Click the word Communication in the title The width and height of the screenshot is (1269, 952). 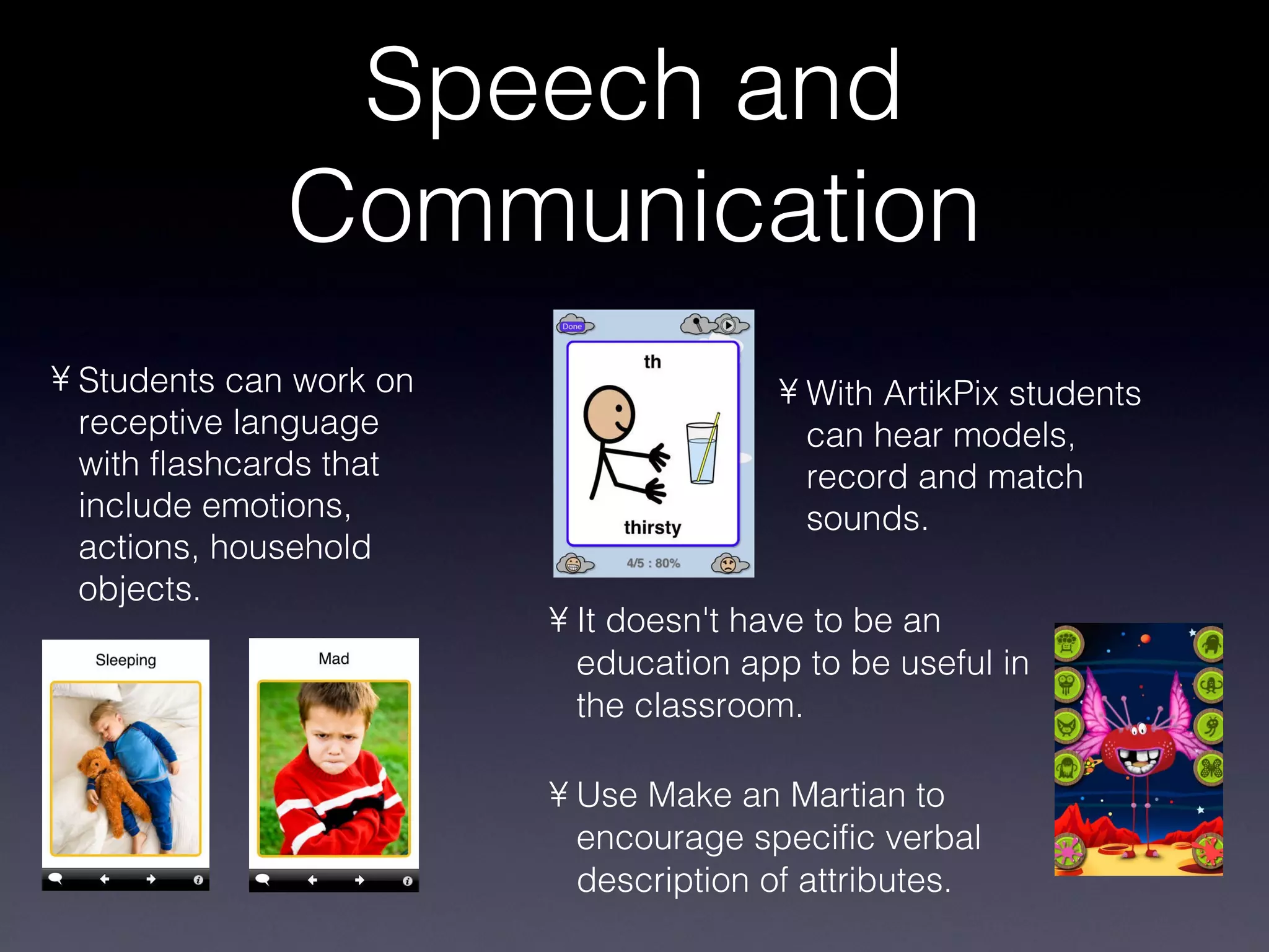[x=633, y=207]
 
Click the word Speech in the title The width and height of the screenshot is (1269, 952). [x=534, y=87]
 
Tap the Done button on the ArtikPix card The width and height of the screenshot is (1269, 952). [x=572, y=327]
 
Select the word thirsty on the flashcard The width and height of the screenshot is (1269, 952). [x=652, y=527]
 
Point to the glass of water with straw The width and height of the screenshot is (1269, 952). [x=703, y=451]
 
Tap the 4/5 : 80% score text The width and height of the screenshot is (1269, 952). [x=653, y=563]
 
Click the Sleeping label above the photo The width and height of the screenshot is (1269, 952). [x=126, y=660]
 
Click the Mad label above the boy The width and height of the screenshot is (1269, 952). [x=334, y=659]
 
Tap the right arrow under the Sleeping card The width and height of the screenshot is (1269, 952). [x=151, y=879]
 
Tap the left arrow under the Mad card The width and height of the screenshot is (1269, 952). [x=312, y=880]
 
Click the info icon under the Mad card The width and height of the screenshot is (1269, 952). [x=407, y=881]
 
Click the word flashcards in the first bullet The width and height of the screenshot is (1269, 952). [x=229, y=464]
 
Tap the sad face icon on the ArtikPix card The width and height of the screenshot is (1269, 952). [x=727, y=564]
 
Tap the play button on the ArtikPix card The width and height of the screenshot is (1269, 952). [x=729, y=325]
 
